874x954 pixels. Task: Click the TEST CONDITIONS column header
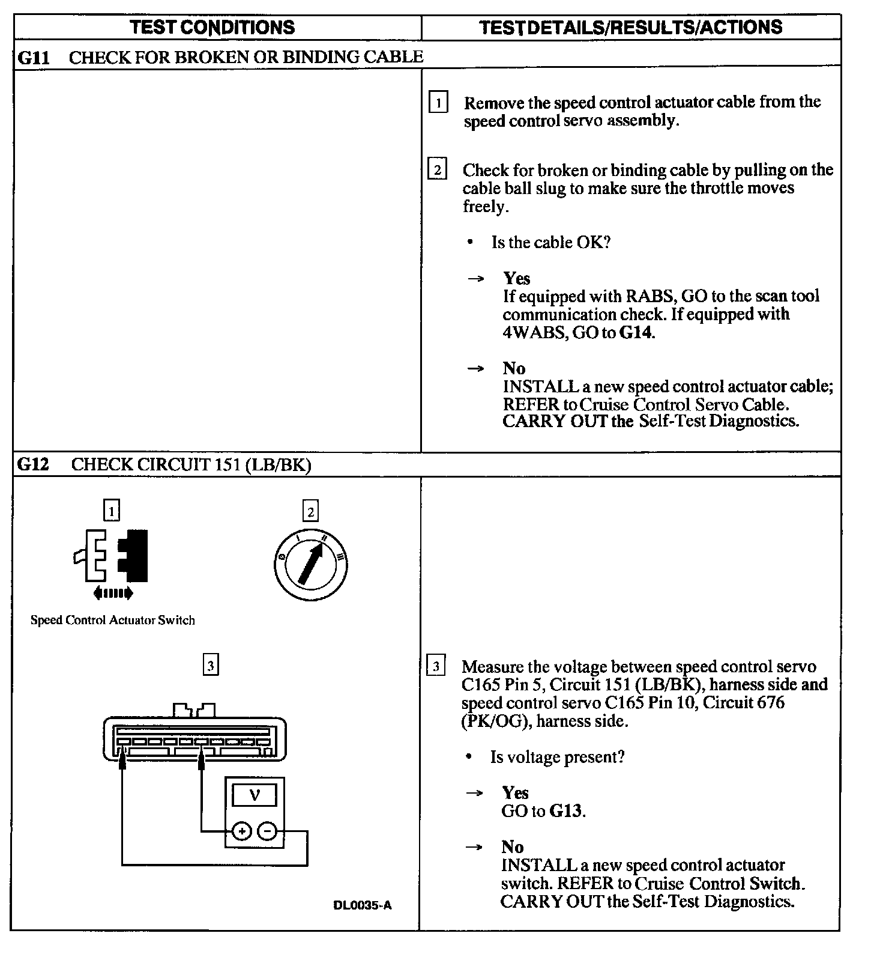click(212, 27)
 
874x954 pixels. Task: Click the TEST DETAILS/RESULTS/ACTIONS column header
click(630, 27)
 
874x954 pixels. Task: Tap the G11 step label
click(33, 58)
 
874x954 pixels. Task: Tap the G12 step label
click(33, 464)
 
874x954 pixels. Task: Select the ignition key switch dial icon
click(310, 564)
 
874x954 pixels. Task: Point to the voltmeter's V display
click(255, 796)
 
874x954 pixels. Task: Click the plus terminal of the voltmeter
click(241, 831)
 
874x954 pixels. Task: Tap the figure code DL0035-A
click(362, 905)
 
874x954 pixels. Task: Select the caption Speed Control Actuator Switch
click(113, 621)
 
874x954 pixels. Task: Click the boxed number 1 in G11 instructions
click(438, 103)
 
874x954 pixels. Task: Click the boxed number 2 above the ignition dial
click(310, 512)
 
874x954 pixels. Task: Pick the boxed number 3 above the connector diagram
click(210, 666)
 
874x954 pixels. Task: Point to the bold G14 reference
click(635, 332)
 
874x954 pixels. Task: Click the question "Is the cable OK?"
click(550, 243)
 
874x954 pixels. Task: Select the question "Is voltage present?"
click(557, 757)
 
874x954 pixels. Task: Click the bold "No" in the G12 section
click(513, 846)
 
